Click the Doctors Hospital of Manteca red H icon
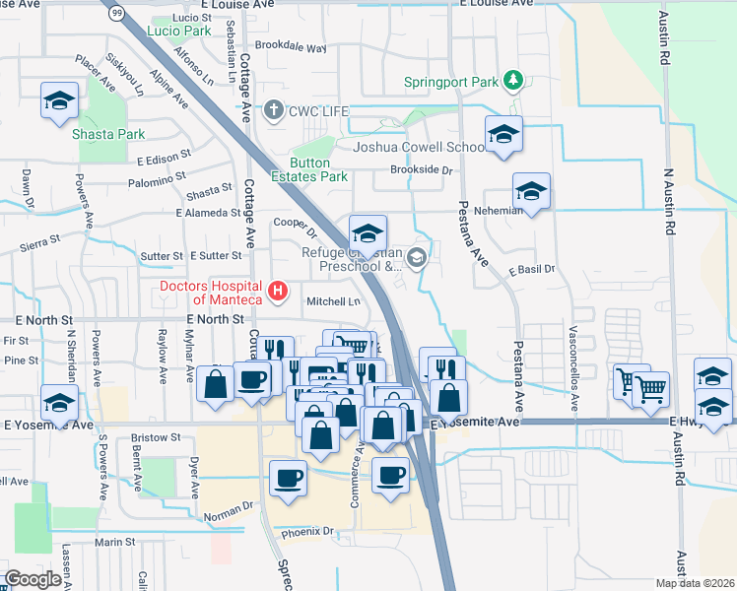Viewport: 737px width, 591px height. click(x=279, y=291)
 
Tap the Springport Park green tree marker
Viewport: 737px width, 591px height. click(x=511, y=79)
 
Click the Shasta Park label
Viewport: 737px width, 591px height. click(x=108, y=134)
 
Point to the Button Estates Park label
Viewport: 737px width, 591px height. click(x=318, y=169)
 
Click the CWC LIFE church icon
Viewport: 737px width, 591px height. click(x=274, y=111)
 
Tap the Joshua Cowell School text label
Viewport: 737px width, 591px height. click(x=419, y=148)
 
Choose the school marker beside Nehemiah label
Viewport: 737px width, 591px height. click(x=531, y=193)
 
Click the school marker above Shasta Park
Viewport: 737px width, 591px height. click(x=59, y=101)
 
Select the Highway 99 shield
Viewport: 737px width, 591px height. click(x=117, y=12)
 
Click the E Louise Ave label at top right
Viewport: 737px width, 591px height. click(x=498, y=4)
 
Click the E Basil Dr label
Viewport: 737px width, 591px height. click(x=532, y=269)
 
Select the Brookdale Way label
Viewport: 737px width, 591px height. click(x=290, y=46)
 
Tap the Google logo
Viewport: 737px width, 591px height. click(x=33, y=579)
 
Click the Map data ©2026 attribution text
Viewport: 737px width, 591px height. click(x=695, y=583)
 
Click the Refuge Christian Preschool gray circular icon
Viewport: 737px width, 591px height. click(x=417, y=259)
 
